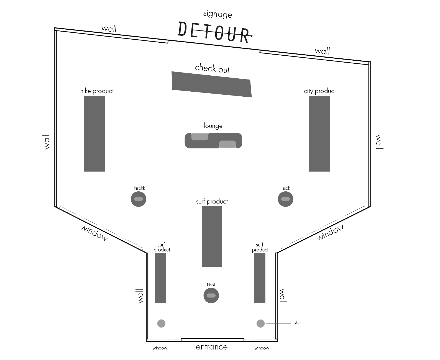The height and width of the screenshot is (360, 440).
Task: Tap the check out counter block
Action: tap(212, 84)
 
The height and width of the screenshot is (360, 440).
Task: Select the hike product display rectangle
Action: tap(94, 134)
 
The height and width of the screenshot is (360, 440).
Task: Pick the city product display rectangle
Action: tap(319, 134)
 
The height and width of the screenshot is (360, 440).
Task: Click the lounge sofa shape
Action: tap(213, 141)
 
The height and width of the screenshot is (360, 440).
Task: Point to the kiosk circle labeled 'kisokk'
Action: tap(138, 199)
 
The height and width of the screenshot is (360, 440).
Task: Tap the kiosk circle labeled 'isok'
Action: tap(285, 199)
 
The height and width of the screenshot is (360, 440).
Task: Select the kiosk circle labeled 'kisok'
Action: tap(211, 295)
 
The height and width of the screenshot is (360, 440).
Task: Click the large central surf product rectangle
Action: tap(212, 236)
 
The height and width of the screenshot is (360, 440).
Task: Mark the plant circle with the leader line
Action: tap(260, 323)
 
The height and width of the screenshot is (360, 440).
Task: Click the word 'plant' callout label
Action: tap(297, 323)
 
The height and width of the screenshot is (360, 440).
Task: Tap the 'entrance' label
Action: tap(212, 347)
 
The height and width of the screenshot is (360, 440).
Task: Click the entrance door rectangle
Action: tap(212, 340)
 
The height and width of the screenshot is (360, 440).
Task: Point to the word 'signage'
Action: tap(218, 14)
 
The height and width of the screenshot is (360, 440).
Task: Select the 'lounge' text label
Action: tap(213, 126)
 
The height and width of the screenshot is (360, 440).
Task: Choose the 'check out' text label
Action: tap(212, 68)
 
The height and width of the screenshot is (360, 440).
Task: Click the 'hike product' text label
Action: tap(97, 91)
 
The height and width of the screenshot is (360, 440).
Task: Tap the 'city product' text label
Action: tap(320, 91)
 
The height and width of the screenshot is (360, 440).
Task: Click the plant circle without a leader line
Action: tap(161, 323)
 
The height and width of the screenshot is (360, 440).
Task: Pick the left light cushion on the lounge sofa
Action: tap(199, 137)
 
